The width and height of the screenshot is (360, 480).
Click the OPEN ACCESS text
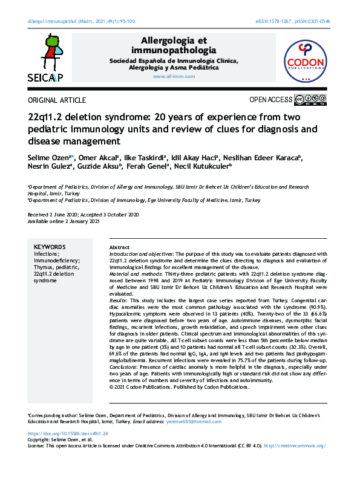tap(271, 100)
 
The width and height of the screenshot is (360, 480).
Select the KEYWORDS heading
tap(50, 247)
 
